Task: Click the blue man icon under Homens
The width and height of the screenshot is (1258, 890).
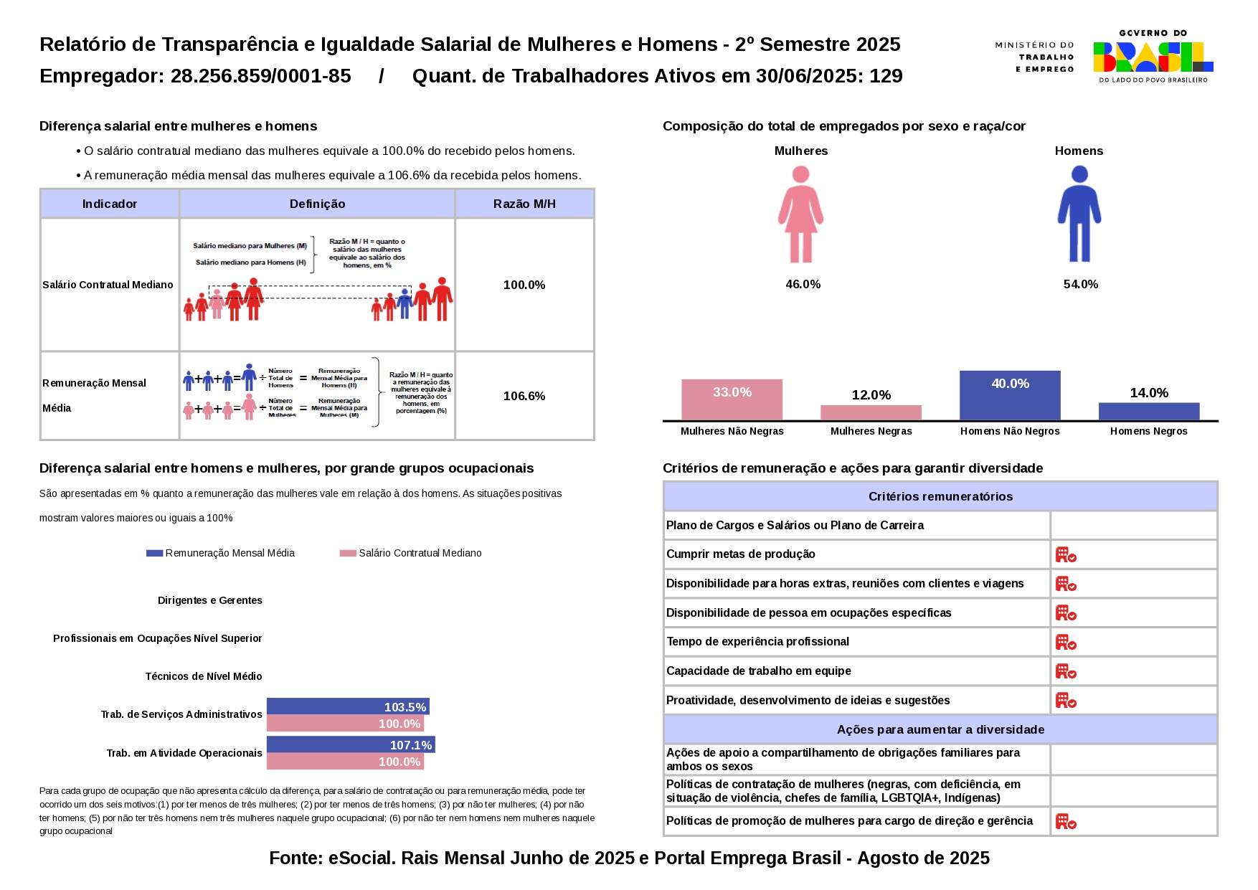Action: click(1079, 214)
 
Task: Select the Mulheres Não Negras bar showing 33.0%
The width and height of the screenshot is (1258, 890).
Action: click(732, 399)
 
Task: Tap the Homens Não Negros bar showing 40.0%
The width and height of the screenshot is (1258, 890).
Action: click(1010, 395)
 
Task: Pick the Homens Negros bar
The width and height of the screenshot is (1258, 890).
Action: click(1148, 412)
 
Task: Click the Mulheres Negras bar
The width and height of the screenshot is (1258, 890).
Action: click(871, 413)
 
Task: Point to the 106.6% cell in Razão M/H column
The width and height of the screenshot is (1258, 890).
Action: click(524, 396)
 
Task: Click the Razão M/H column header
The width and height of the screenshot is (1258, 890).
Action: click(524, 204)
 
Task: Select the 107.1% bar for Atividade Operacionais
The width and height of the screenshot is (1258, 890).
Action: click(351, 745)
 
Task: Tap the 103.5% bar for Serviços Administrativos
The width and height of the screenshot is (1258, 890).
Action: click(348, 707)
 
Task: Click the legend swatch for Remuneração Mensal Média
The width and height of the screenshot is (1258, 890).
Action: click(154, 553)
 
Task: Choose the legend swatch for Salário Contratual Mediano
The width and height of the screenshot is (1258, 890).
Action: click(348, 553)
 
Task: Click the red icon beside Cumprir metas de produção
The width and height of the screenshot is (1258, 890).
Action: click(1066, 554)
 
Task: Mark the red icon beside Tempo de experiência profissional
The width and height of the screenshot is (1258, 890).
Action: click(1066, 642)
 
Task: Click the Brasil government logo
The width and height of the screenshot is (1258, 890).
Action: click(1153, 57)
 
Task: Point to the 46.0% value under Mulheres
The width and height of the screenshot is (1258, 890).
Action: click(803, 284)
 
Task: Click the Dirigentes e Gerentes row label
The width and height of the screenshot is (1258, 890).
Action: click(210, 600)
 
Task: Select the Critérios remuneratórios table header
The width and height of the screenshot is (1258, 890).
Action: click(940, 496)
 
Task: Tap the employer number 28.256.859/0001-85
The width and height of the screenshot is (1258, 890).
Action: click(260, 76)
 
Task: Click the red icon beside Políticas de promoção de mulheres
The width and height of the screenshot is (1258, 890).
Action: click(1066, 821)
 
